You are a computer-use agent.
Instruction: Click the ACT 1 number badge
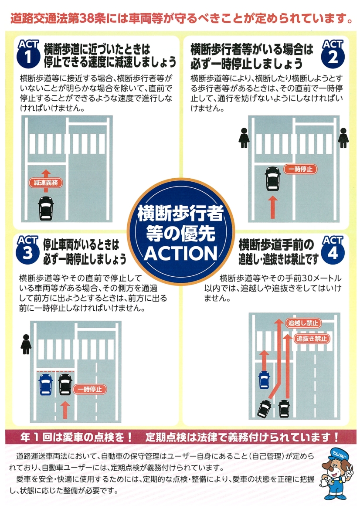coord(28,54)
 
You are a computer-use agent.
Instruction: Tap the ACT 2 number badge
coord(333,54)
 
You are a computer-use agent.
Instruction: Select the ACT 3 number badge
coord(27,250)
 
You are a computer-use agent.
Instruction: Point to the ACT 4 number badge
coord(333,250)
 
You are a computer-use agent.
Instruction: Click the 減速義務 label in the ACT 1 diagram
coord(46,183)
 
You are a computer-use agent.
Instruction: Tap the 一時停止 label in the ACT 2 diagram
coord(300,169)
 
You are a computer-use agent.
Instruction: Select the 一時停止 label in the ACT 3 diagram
coord(90,389)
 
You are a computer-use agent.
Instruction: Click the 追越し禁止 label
coord(303,323)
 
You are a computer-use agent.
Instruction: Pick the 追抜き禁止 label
coord(311,339)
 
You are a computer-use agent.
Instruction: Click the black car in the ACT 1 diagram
coord(46,208)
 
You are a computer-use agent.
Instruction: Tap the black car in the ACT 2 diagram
coord(273,179)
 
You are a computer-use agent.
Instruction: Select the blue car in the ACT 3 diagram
coord(45,384)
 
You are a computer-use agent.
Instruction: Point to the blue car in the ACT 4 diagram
coord(264,380)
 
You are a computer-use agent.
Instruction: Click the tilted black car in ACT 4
coord(264,409)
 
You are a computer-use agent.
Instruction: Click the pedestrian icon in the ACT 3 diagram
coord(26,344)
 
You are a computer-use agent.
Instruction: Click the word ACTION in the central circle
coord(181,254)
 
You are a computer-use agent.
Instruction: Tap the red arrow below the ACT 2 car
coord(273,207)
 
